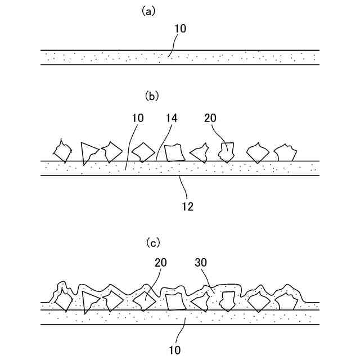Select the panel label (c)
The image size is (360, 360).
coord(152,243)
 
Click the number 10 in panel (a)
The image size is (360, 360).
coord(179,28)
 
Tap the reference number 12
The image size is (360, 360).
coord(187,206)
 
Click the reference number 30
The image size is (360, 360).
coord(201,262)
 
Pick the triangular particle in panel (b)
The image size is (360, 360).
coord(88,152)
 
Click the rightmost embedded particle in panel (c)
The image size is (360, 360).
coord(286,301)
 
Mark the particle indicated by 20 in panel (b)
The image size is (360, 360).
coord(227,151)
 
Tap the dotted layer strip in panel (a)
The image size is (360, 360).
coord(180,57)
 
